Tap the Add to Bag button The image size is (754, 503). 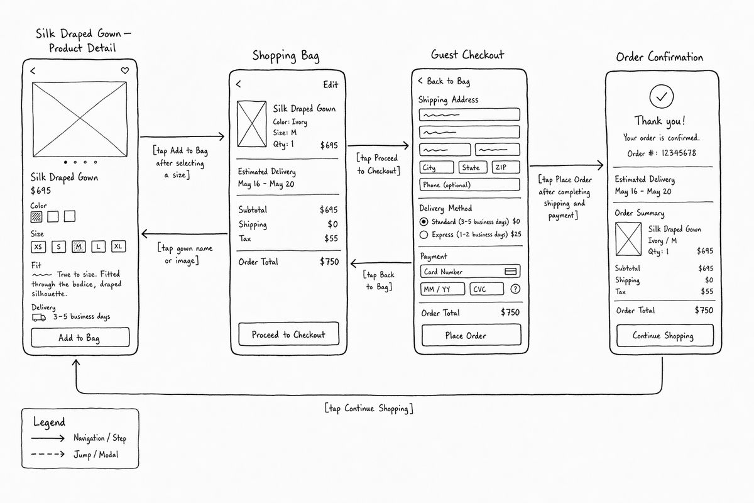coord(80,337)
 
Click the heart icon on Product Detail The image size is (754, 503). coord(125,70)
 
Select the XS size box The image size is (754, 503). coord(38,246)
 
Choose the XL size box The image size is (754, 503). coord(118,246)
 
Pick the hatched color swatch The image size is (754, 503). coord(36,217)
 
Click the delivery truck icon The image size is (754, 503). coord(39,318)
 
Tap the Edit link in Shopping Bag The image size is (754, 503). coord(331,84)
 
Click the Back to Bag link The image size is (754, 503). coord(444,81)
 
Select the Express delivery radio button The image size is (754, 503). coord(423,235)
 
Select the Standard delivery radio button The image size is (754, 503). coord(423,221)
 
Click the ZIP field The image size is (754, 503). coord(506,167)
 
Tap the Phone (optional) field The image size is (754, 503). coord(469,185)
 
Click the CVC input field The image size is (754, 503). coord(487,289)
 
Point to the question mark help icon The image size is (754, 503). coord(515,289)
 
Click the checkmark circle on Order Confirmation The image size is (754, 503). coord(662,96)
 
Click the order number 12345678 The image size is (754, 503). coord(679,153)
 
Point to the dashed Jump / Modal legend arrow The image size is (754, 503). coord(48,454)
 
